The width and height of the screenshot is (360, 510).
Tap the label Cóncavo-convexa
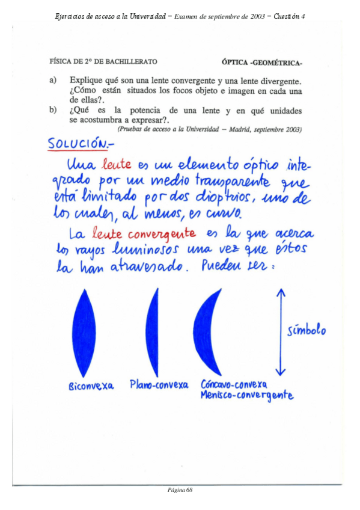click(234, 384)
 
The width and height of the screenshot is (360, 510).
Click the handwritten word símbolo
click(306, 330)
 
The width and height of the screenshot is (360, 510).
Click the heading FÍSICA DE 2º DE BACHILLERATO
click(103, 61)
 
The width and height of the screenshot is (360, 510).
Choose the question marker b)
click(53, 111)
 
